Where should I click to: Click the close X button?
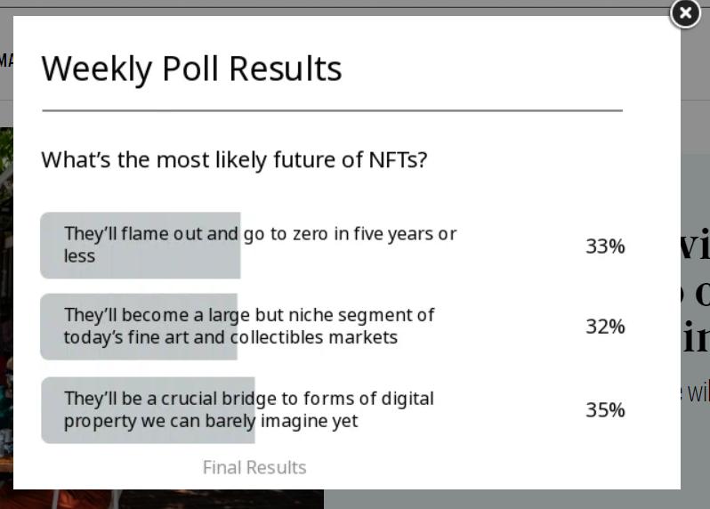685,13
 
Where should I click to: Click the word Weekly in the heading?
96,69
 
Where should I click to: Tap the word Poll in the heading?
190,69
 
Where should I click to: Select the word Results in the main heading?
286,69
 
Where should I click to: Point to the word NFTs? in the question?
398,159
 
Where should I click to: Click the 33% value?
605,246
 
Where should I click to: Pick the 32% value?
605,327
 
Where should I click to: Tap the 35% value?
605,410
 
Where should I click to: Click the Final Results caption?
254,467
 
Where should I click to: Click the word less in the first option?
79,256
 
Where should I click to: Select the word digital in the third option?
407,399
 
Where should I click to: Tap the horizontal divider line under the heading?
333,110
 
